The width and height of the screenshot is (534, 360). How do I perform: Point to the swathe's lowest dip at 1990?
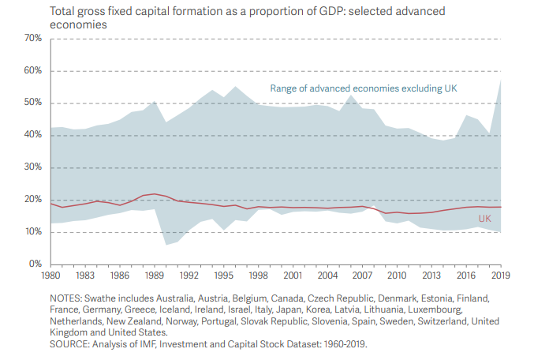click(x=166, y=244)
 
